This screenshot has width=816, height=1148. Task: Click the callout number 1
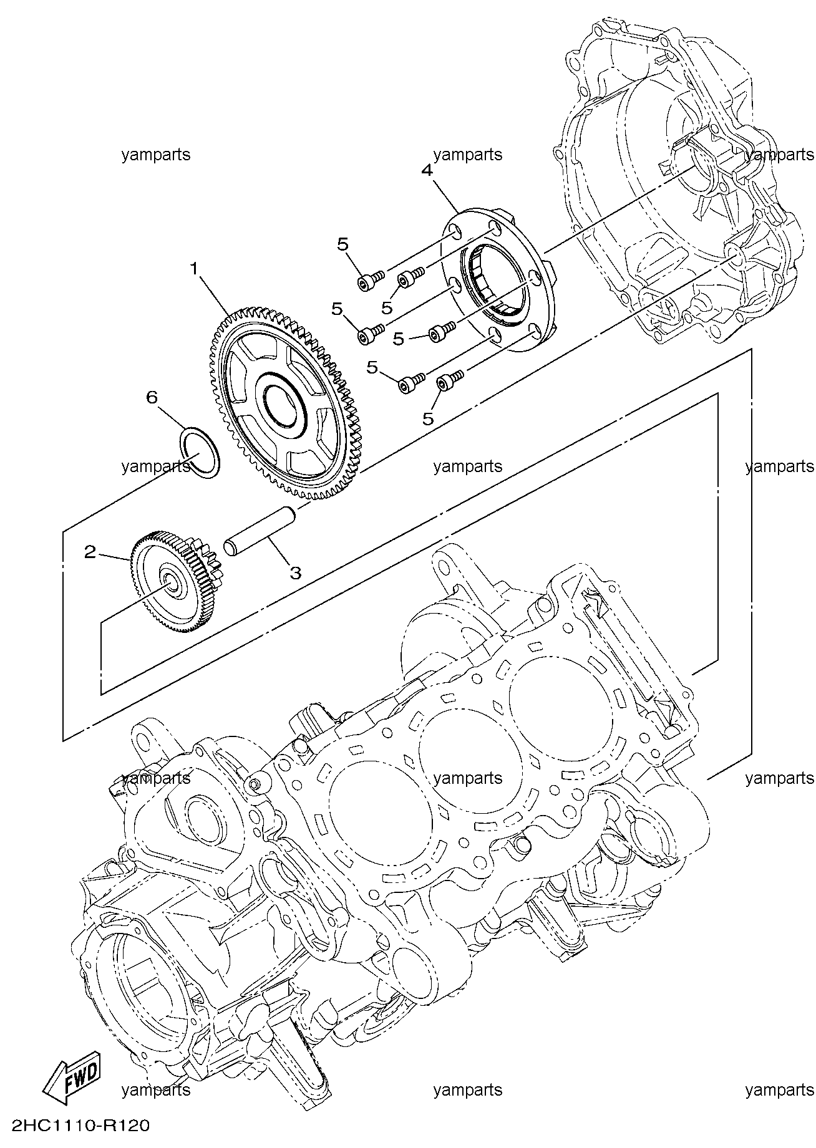(x=194, y=269)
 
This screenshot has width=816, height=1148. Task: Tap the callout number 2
(x=91, y=552)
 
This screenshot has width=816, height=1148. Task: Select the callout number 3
(x=295, y=572)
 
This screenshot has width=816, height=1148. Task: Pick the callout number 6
(x=152, y=398)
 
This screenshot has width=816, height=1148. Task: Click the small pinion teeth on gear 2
(x=203, y=561)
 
